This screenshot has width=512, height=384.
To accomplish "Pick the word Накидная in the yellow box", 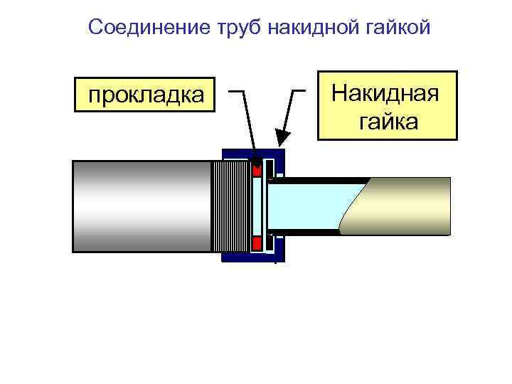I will pos(386,93).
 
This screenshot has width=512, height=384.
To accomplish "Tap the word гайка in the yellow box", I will pos(388,122).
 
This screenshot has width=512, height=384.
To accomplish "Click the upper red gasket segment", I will pos(257,169).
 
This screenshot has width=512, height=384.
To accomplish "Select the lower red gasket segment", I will pos(257,243).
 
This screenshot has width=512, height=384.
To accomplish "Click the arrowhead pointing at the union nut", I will pos(283,137).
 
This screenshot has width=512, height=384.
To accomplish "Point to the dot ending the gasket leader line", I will pos(257,169).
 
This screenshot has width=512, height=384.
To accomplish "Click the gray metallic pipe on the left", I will pos(142,206).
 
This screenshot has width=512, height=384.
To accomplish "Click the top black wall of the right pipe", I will pos(320,180).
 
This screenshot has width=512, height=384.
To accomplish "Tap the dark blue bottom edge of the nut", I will pos(249,257).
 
